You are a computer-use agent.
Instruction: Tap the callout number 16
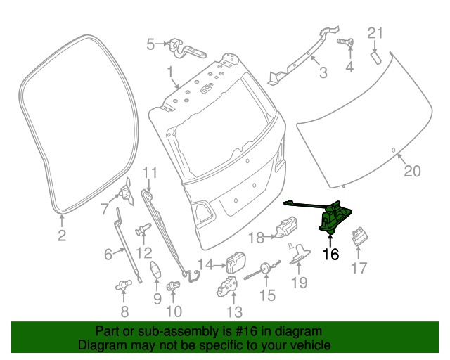pos(330,255)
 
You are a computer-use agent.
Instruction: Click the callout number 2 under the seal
pos(61,236)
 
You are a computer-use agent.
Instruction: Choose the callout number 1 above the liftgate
pos(169,71)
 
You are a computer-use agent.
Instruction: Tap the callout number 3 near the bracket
pos(323,72)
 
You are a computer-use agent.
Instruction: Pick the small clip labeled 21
pos(376,54)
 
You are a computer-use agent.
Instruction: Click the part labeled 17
pos(359,236)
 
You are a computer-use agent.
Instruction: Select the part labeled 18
pos(286,229)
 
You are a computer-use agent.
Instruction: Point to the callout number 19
pos(300,283)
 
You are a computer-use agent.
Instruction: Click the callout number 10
pos(174,310)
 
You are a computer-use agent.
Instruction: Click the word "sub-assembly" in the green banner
pos(170,331)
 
